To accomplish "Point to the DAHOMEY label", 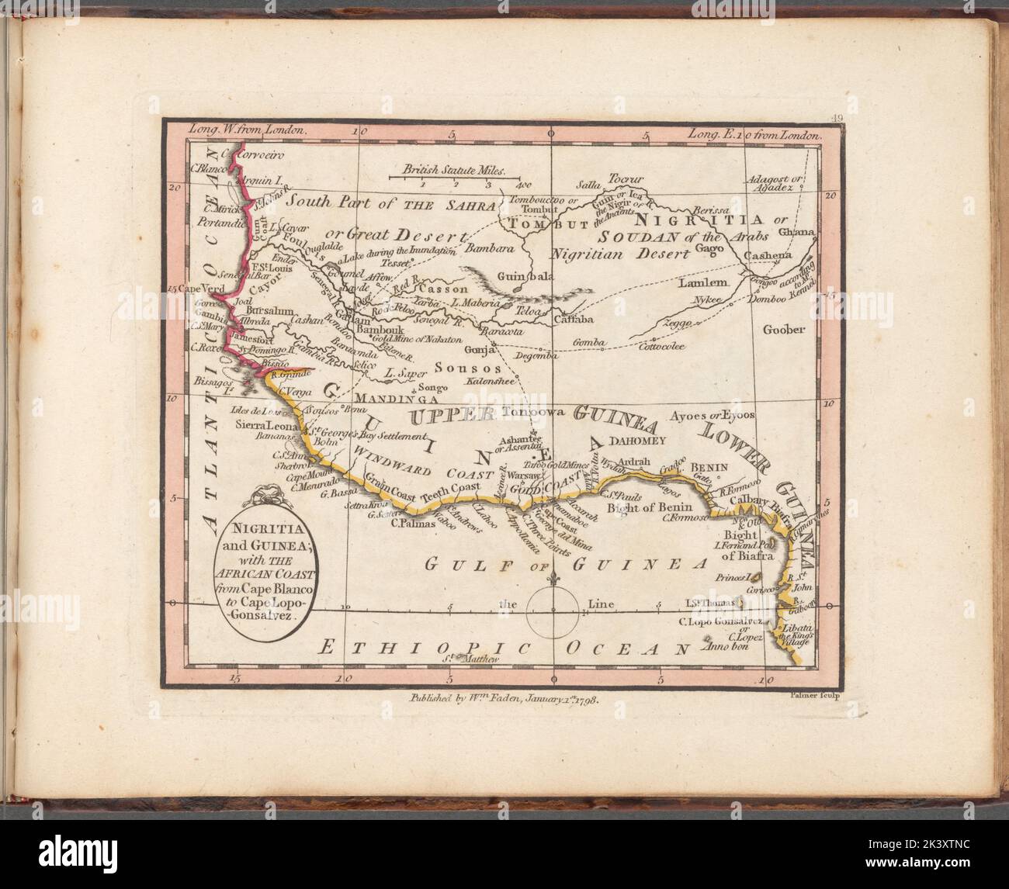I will click(638, 440).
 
